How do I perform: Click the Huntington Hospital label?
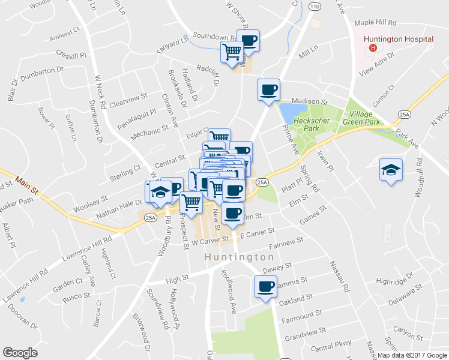point(399,39)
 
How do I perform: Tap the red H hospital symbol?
point(373,47)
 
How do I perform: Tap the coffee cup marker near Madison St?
point(268,91)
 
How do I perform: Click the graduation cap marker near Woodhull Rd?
point(391,170)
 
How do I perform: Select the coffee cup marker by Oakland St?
point(266,287)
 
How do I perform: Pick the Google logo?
point(20,353)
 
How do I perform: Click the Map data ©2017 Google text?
point(412,355)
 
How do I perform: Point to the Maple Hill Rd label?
point(376,23)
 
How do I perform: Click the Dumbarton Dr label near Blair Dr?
point(42,74)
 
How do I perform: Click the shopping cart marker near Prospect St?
point(191,202)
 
